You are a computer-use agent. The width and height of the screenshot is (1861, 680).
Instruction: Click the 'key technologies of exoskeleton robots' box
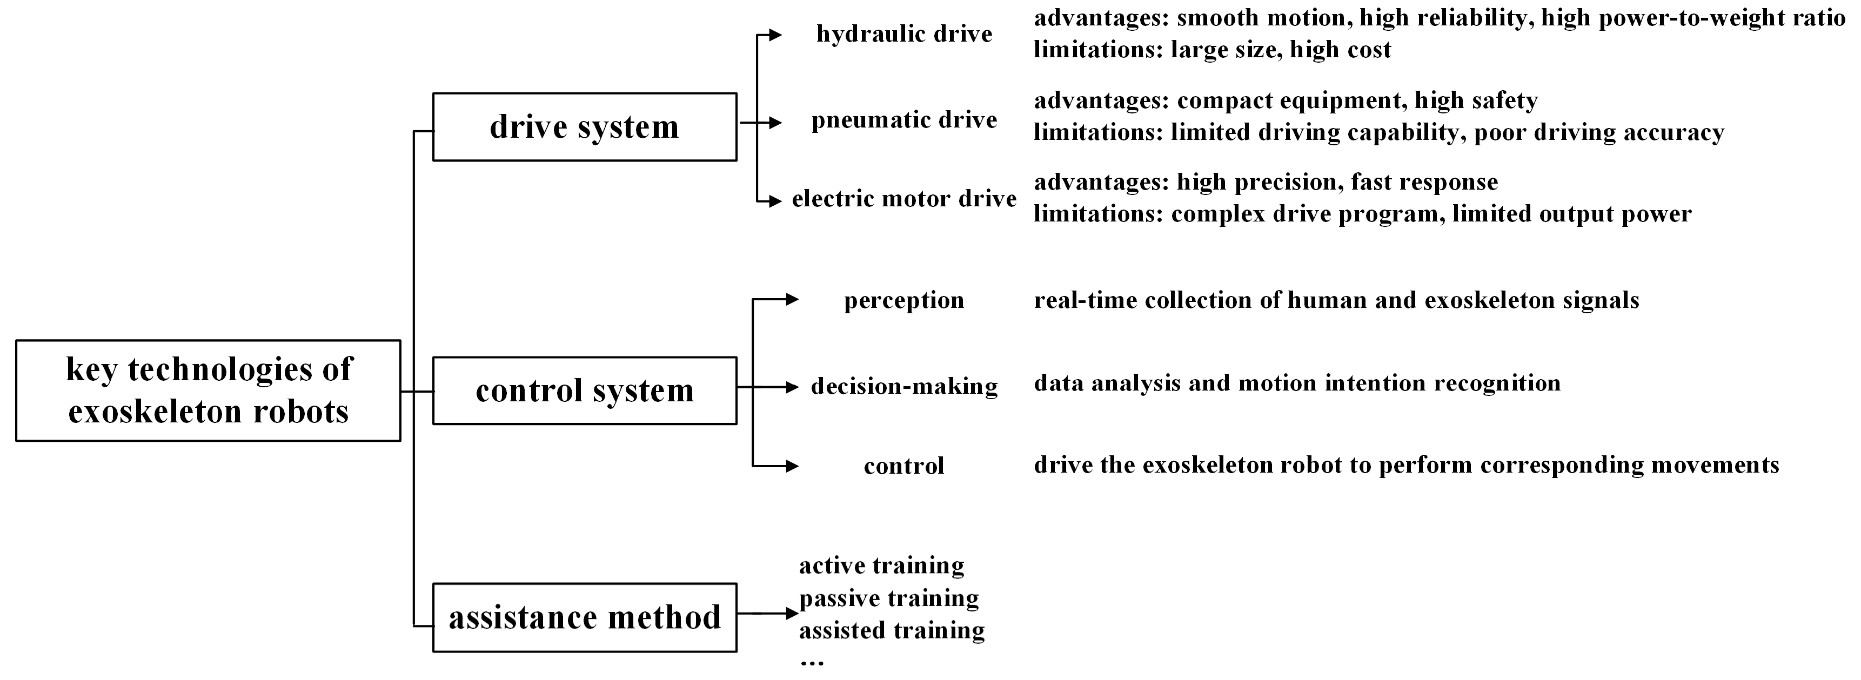pos(208,391)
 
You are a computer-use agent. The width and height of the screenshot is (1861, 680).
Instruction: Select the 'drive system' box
pos(585,127)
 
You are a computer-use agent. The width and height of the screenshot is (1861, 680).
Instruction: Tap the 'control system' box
pos(585,391)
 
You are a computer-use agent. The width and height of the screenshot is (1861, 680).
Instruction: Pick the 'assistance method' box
pos(585,617)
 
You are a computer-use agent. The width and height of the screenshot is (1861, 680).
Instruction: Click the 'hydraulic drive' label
pos(904,34)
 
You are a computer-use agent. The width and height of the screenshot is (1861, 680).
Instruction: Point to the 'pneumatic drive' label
pos(904,120)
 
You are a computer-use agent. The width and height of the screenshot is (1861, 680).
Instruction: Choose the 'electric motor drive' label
pos(904,199)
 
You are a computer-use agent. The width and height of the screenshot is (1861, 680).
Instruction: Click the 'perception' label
pos(904,300)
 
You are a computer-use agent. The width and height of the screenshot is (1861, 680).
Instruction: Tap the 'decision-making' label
pos(904,386)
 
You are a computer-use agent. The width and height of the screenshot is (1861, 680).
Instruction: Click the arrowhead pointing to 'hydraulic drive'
pos(775,35)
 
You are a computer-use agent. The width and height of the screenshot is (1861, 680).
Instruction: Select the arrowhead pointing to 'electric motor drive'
pos(775,201)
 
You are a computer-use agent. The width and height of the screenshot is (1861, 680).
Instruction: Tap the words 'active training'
pos(881,565)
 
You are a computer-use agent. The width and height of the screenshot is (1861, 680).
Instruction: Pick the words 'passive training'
pos(888,598)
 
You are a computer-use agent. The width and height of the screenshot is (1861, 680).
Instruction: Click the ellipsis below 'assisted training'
pos(812,661)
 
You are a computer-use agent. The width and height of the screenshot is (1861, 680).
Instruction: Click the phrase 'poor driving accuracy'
pos(1599,132)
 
